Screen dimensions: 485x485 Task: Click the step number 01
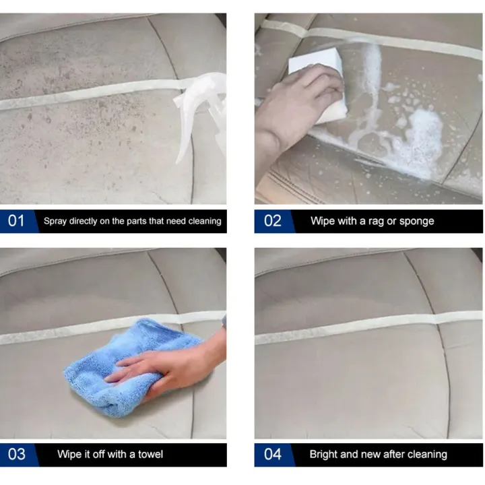pos(16,221)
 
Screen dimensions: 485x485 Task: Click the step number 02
pos(273,221)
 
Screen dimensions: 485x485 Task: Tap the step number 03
pos(17,454)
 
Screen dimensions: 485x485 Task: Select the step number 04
pos(273,454)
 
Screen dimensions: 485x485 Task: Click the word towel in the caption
pos(150,454)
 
